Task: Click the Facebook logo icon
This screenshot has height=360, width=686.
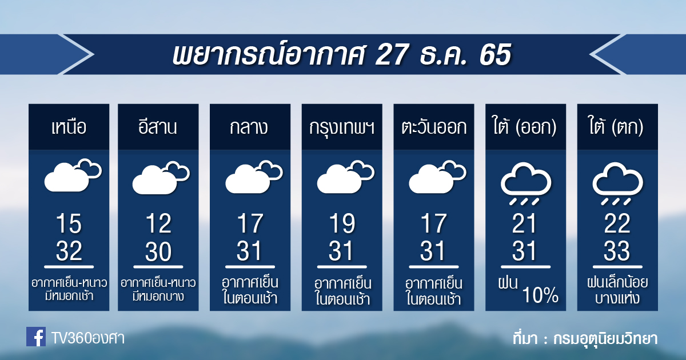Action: [x=36, y=337]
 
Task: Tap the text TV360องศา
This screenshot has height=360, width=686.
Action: [x=88, y=338]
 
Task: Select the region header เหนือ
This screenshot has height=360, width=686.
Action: [x=69, y=127]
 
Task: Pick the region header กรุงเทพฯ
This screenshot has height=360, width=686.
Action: [x=342, y=128]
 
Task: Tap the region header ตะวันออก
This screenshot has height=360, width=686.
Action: [x=434, y=127]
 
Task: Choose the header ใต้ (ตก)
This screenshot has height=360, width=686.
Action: [x=616, y=126]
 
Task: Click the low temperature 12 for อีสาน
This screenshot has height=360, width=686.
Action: [x=158, y=224]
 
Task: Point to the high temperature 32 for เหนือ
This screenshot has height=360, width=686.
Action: [x=69, y=250]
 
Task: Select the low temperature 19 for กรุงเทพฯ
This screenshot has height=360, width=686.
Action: [x=342, y=224]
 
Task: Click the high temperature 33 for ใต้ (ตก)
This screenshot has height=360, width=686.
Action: [x=617, y=250]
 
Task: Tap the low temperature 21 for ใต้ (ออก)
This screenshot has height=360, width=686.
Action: [x=524, y=224]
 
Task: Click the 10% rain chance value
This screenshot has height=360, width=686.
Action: [x=540, y=295]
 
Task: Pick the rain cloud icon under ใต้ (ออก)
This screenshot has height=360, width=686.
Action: [x=526, y=183]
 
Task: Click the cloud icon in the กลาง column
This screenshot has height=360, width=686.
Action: [x=254, y=177]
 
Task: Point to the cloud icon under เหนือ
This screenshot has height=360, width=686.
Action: [x=73, y=175]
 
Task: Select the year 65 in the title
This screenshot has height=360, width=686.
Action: [x=495, y=54]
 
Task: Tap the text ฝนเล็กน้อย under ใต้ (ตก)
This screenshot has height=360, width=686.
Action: [x=617, y=282]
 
